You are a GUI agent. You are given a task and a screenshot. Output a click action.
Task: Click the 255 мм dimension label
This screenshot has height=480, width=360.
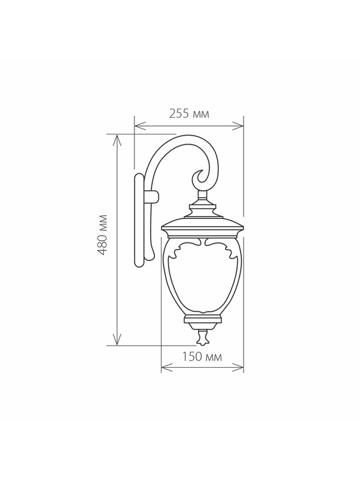189,114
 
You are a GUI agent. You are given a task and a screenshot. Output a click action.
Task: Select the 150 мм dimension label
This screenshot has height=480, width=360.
202,356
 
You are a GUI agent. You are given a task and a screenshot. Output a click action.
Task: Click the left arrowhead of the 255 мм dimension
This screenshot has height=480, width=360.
140,126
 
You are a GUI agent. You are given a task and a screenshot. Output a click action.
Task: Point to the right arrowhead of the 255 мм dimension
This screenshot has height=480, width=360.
238,126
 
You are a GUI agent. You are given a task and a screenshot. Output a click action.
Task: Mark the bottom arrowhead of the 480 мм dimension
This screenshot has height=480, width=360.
117,340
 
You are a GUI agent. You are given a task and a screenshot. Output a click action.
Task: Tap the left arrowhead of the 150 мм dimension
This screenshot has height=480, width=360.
166,368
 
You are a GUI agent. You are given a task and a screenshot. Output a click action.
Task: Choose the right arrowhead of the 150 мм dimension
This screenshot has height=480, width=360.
238,368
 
